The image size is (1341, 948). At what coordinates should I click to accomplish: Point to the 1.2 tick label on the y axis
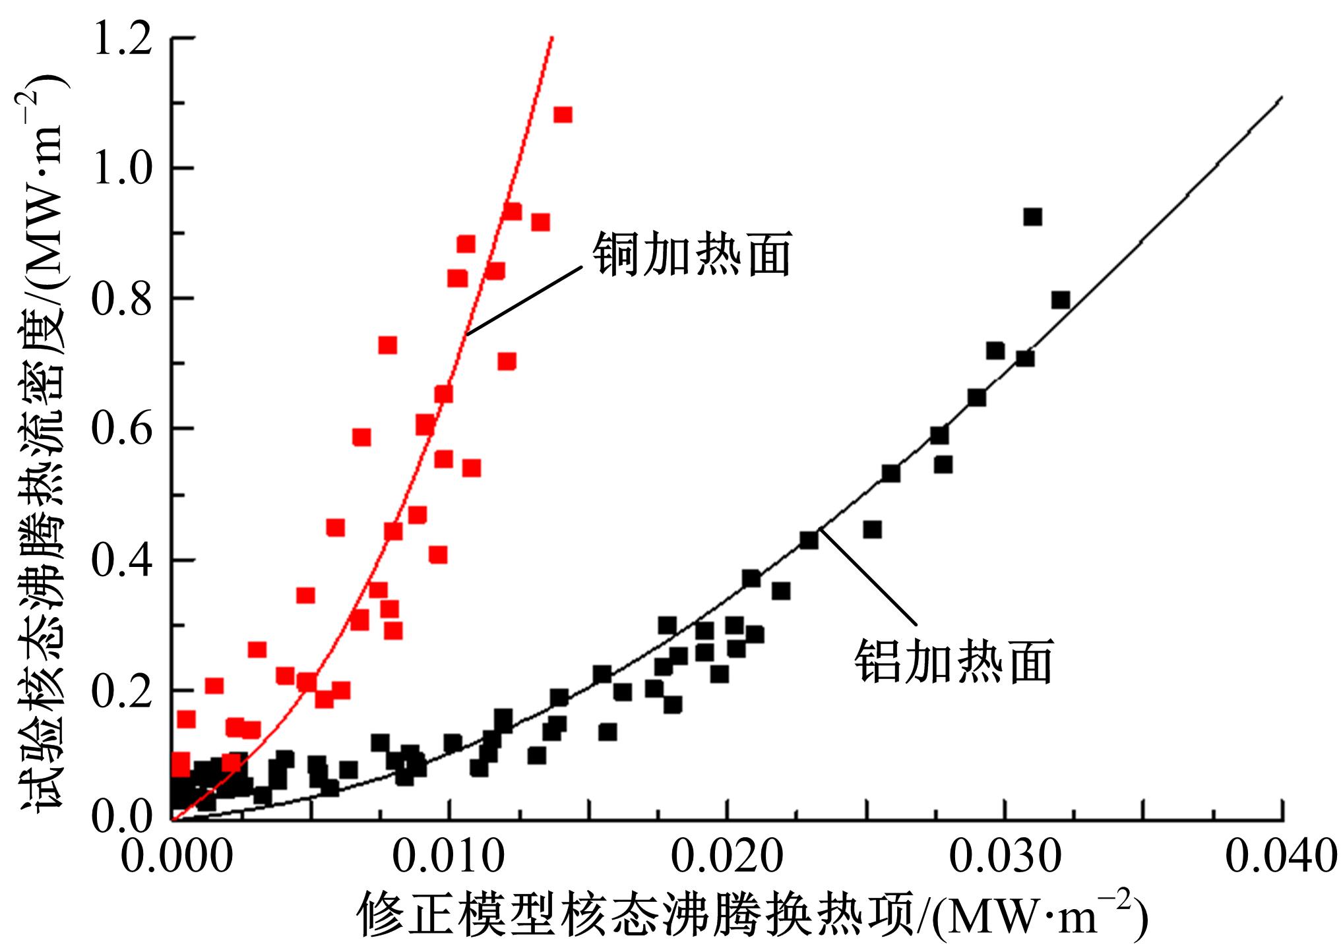119,38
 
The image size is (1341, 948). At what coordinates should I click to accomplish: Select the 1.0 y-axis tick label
119,168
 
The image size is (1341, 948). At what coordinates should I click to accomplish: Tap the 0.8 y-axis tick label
119,298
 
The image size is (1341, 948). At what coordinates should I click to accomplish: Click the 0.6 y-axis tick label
119,429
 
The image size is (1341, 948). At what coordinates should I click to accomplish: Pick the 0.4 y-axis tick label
119,560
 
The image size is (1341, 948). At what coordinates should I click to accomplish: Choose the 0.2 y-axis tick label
119,690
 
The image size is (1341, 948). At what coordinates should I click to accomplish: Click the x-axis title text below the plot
753,913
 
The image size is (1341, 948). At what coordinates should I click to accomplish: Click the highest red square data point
563,115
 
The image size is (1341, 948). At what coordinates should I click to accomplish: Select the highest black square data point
1032,217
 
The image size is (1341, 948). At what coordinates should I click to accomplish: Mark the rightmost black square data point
1060,300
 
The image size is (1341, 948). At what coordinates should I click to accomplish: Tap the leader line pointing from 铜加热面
524,299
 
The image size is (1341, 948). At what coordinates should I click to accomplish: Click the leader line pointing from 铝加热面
868,576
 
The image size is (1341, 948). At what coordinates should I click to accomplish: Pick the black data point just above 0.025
872,529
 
